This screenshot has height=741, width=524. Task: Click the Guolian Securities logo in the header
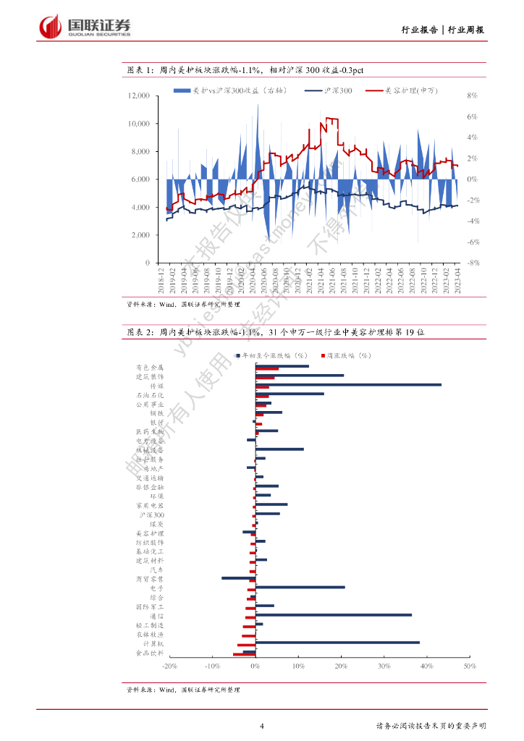[85, 27]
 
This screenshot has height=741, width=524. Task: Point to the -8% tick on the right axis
[474, 263]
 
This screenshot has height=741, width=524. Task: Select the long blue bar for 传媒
[347, 384]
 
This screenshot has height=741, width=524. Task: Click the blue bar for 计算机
[337, 642]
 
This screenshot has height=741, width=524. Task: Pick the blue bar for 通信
[333, 615]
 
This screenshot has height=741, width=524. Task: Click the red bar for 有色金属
[266, 369]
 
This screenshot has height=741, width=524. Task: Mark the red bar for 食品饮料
[244, 654]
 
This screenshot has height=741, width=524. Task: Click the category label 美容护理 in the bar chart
[150, 533]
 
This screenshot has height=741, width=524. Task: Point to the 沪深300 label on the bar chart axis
[151, 515]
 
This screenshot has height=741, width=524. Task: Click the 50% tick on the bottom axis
[468, 666]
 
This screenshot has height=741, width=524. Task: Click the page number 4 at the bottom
[262, 726]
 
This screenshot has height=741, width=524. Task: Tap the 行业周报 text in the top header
[466, 30]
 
